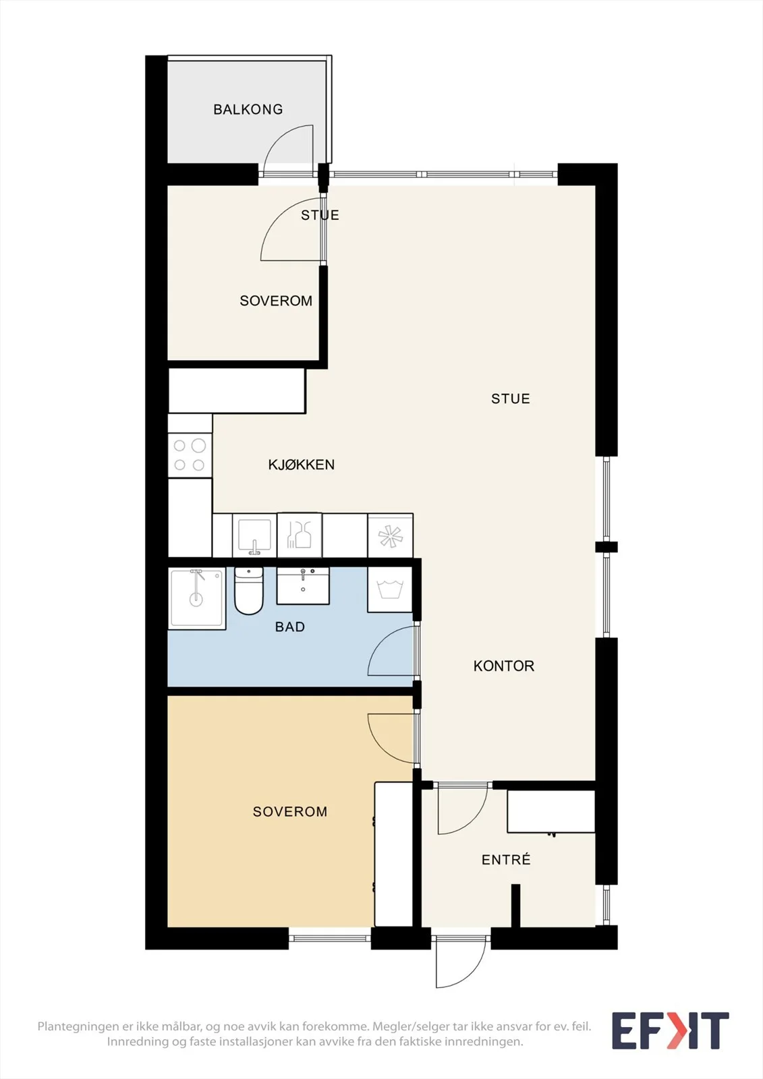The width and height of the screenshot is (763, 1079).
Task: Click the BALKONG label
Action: coord(248,109)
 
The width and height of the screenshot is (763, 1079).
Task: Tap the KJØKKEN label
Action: coord(302,465)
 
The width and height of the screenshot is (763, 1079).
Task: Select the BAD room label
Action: coord(289,626)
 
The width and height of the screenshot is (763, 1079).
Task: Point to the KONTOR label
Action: coord(504,666)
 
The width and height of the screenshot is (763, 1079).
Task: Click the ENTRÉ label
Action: coord(506,859)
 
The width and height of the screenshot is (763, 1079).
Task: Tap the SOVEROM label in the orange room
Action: coord(289,812)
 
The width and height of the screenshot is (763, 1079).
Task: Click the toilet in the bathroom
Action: coord(249,591)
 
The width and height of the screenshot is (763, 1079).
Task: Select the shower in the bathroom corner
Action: coord(197,599)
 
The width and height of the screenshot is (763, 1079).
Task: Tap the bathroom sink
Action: coord(303,586)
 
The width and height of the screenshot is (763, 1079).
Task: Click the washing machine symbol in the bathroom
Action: coord(390,589)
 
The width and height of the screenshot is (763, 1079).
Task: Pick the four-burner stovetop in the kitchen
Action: coord(190,455)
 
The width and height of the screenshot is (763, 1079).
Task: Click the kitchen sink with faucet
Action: coord(254,535)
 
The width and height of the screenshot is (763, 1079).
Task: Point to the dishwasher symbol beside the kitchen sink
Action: coord(300,535)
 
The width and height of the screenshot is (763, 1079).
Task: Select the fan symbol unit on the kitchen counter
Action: coord(391,535)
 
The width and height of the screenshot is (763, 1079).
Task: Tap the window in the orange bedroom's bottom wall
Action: coord(330,938)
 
